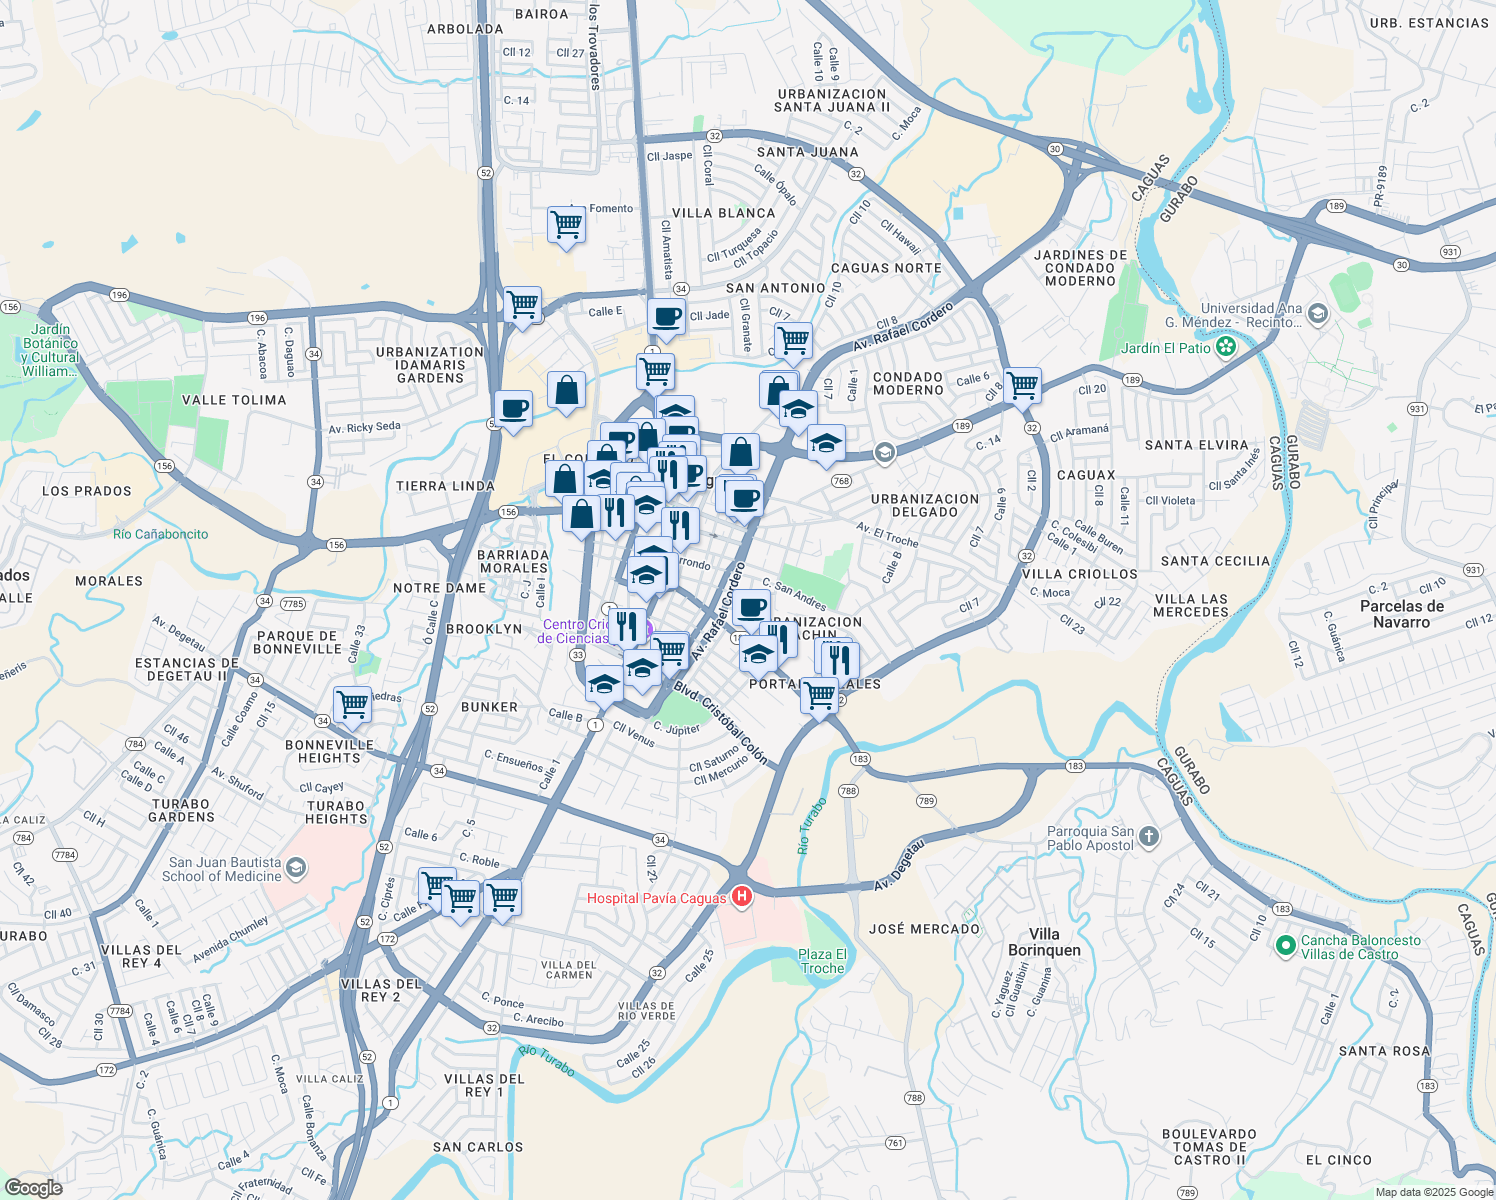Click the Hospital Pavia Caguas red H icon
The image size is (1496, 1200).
point(741,897)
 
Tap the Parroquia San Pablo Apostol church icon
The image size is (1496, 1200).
point(1149,837)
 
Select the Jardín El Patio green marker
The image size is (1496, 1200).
point(1225,348)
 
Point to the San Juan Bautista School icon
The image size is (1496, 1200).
point(295,868)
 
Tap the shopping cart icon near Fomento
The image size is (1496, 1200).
point(566,224)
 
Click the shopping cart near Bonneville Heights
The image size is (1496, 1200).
point(352,704)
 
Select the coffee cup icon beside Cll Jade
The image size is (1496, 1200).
point(666,317)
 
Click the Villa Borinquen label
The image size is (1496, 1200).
point(1044,942)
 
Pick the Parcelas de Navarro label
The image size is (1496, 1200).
point(1401,614)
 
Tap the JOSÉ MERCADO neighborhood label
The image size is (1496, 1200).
point(924,929)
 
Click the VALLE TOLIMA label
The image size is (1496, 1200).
point(234,400)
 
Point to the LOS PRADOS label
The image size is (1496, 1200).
point(87,491)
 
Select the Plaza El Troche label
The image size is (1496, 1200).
point(822,961)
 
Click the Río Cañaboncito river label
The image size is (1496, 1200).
point(160,534)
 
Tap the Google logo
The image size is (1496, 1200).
point(33,1187)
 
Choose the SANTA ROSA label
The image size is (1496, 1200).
point(1384,1051)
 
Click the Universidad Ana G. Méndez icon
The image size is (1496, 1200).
point(1317,315)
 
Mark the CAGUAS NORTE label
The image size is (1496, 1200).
point(886,268)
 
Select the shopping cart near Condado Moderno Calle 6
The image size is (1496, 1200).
point(1022,384)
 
